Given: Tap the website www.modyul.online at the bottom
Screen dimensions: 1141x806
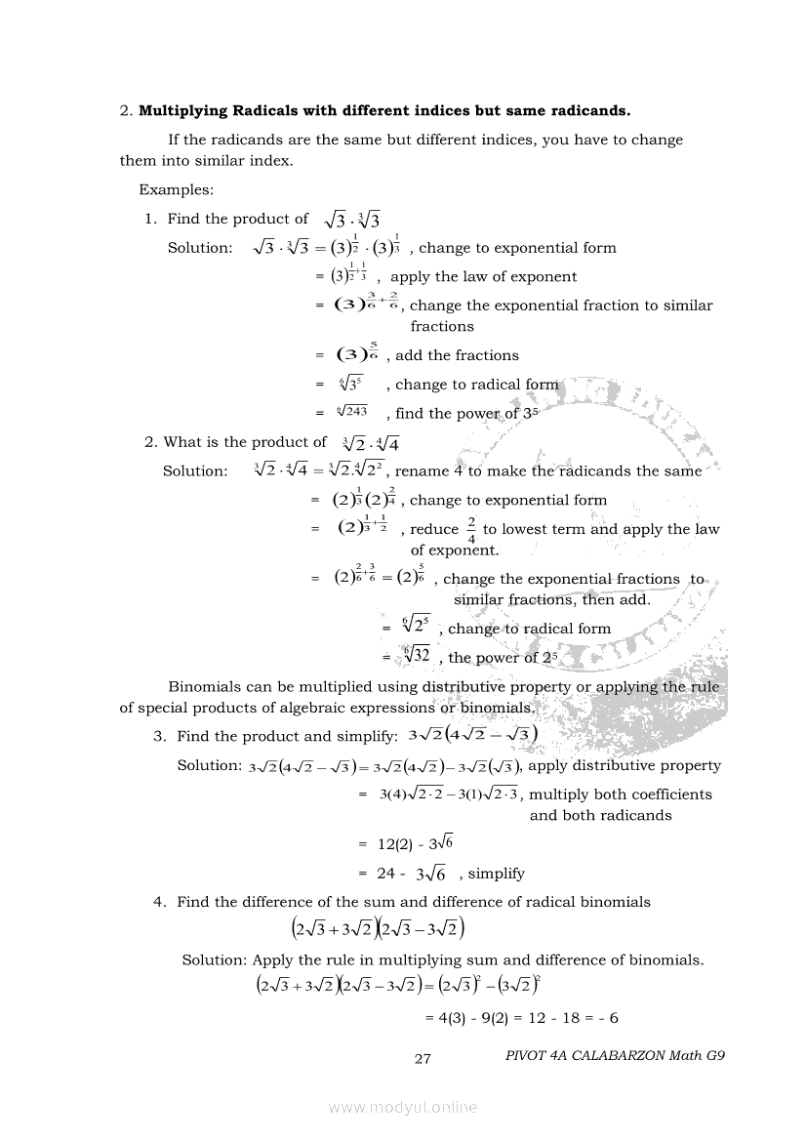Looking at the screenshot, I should [x=403, y=1107].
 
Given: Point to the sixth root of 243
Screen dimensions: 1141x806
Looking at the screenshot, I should [x=351, y=413].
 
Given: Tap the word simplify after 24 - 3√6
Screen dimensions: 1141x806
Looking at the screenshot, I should [x=496, y=874].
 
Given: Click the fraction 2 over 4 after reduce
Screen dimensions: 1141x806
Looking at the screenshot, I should [x=471, y=529].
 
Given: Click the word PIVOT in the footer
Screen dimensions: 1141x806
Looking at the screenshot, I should [x=530, y=1055].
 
